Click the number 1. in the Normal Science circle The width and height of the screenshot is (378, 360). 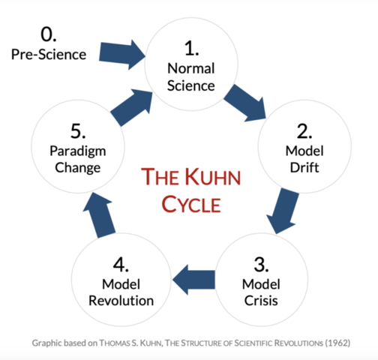point(190,49)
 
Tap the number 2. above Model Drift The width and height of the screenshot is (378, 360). point(304,133)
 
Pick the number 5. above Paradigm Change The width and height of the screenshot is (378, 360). point(77,132)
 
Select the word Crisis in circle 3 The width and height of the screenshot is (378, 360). point(262,301)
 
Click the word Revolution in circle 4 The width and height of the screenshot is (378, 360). point(121,301)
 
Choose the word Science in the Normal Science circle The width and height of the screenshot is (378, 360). point(190,85)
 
